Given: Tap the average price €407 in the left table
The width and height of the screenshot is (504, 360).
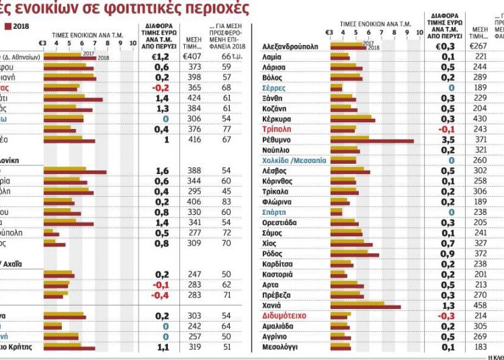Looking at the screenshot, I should (x=193, y=57).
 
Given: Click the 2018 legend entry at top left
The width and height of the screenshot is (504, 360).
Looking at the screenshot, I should (x=17, y=26).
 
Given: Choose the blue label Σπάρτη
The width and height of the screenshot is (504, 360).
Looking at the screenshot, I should (x=276, y=211).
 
